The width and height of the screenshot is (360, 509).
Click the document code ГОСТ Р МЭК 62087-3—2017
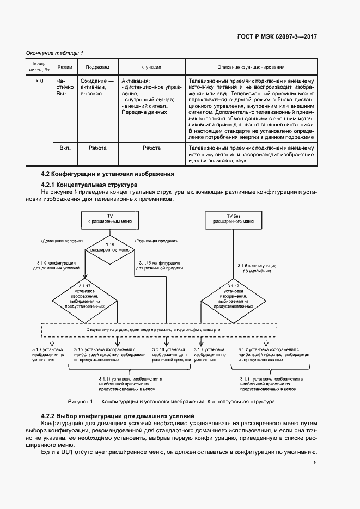(x=277, y=36)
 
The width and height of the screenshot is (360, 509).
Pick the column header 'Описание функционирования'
(x=251, y=67)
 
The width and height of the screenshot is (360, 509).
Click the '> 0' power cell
(x=39, y=81)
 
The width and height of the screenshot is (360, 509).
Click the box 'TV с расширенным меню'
(x=109, y=219)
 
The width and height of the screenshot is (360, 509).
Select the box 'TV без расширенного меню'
(x=233, y=219)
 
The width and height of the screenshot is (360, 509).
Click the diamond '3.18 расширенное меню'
(x=109, y=249)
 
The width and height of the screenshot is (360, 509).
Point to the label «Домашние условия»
(x=62, y=241)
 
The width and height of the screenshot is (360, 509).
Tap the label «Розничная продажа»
(x=156, y=241)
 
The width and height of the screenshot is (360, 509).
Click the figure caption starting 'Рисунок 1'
(x=171, y=401)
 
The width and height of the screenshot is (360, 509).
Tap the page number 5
(x=315, y=463)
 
